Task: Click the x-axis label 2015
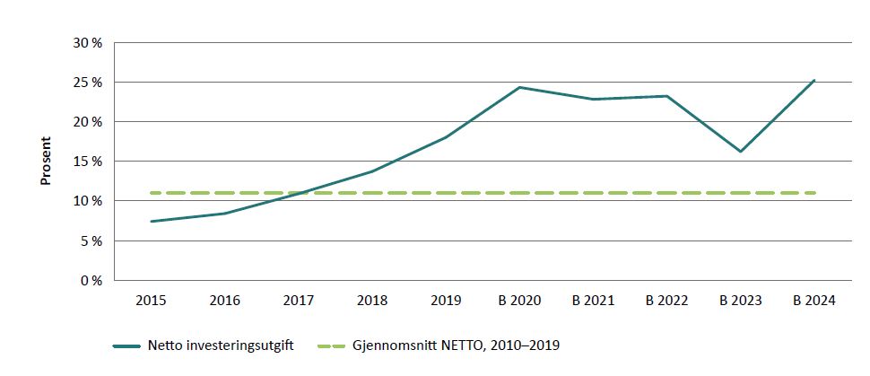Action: [151, 302]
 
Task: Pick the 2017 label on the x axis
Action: [298, 302]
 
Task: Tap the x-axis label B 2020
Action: [518, 302]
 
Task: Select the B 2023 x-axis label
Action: [740, 302]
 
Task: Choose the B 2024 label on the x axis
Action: [813, 302]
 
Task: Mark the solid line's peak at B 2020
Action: [518, 87]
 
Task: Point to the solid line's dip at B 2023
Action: [740, 152]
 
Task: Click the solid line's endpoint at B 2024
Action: [813, 80]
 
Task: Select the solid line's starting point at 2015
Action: [151, 221]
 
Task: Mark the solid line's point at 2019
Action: [445, 137]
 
